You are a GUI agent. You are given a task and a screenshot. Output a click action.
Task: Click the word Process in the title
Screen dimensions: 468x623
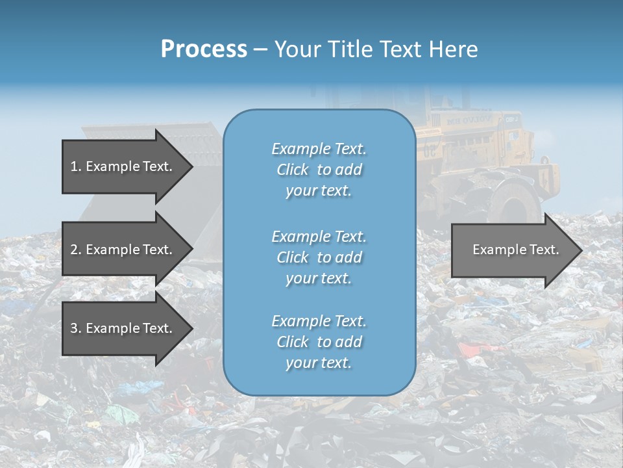pyautogui.click(x=204, y=49)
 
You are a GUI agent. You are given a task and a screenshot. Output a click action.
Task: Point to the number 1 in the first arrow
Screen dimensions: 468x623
pyautogui.click(x=74, y=166)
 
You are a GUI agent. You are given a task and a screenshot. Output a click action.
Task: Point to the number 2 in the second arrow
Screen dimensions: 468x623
pyautogui.click(x=74, y=250)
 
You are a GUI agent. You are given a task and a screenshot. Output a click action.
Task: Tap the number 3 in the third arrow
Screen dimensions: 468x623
pyautogui.click(x=74, y=328)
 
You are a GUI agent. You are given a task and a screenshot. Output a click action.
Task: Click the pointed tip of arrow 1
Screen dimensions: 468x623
pyautogui.click(x=191, y=166)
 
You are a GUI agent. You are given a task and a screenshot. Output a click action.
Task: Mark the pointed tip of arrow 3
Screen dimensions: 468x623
pyautogui.click(x=191, y=328)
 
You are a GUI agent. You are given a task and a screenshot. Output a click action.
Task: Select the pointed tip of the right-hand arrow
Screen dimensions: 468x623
pyautogui.click(x=581, y=250)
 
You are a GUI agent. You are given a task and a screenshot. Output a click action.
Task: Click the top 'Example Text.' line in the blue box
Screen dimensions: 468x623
pyautogui.click(x=319, y=149)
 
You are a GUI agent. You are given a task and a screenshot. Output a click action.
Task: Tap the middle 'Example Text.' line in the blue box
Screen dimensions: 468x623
pyautogui.click(x=319, y=237)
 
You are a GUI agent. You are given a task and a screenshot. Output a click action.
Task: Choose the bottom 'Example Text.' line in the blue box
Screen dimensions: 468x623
pyautogui.click(x=319, y=321)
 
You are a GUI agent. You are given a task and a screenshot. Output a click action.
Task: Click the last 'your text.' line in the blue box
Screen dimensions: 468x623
pyautogui.click(x=319, y=363)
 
